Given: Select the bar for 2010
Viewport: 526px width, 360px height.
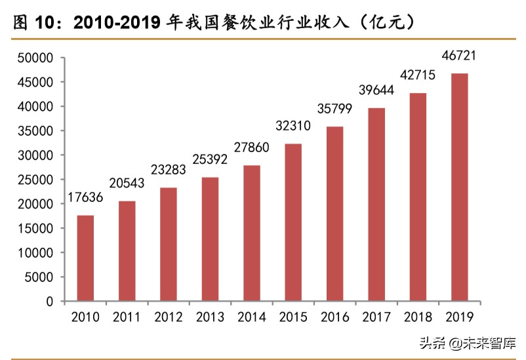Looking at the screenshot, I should coord(85,258).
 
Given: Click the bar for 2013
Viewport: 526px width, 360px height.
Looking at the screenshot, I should coord(210,239).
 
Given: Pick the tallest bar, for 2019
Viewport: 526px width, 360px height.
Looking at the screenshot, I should coord(459,188).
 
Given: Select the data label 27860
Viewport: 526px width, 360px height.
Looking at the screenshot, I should coord(251,149).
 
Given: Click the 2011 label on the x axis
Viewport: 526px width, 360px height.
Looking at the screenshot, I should coord(127,317).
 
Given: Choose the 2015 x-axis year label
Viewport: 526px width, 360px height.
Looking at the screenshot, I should coord(293,317).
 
